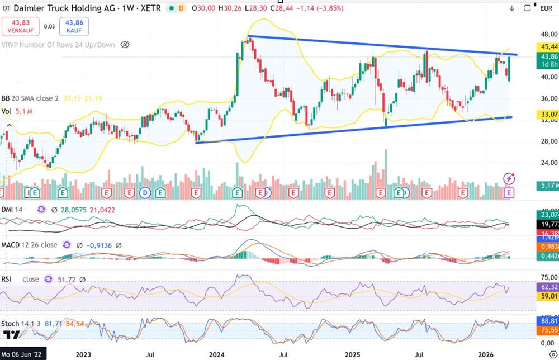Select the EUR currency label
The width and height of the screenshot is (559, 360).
pyautogui.click(x=546, y=8)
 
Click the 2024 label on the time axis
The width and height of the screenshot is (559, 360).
pyautogui.click(x=216, y=354)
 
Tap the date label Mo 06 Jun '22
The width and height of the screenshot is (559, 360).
pyautogui.click(x=23, y=354)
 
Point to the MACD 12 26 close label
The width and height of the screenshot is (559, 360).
pyautogui.click(x=29, y=245)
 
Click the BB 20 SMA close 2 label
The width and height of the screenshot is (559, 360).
pyautogui.click(x=31, y=98)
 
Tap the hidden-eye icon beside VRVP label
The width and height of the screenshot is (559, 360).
pyautogui.click(x=125, y=45)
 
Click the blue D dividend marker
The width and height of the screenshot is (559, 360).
pyautogui.click(x=145, y=193)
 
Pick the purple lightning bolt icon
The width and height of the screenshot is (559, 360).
pyautogui.click(x=509, y=179)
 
